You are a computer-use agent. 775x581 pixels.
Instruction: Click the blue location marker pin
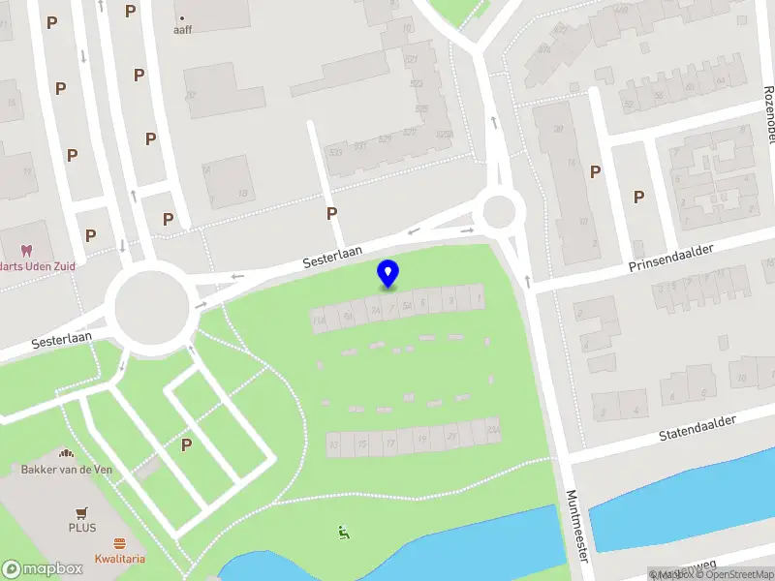(x=387, y=274)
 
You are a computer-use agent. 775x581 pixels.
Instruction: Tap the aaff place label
(x=182, y=29)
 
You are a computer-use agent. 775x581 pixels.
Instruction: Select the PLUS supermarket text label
(x=82, y=529)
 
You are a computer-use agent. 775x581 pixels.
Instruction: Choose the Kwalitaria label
(x=120, y=559)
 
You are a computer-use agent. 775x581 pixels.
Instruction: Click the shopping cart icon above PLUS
(x=82, y=513)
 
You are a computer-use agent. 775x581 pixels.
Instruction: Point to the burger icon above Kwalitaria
(x=120, y=543)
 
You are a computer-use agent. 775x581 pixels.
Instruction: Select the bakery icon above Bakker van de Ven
(x=67, y=453)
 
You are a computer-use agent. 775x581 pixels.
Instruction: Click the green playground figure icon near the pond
(x=342, y=531)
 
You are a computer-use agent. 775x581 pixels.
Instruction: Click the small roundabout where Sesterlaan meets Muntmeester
(x=500, y=209)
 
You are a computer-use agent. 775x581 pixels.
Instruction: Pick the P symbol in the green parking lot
(x=186, y=444)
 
